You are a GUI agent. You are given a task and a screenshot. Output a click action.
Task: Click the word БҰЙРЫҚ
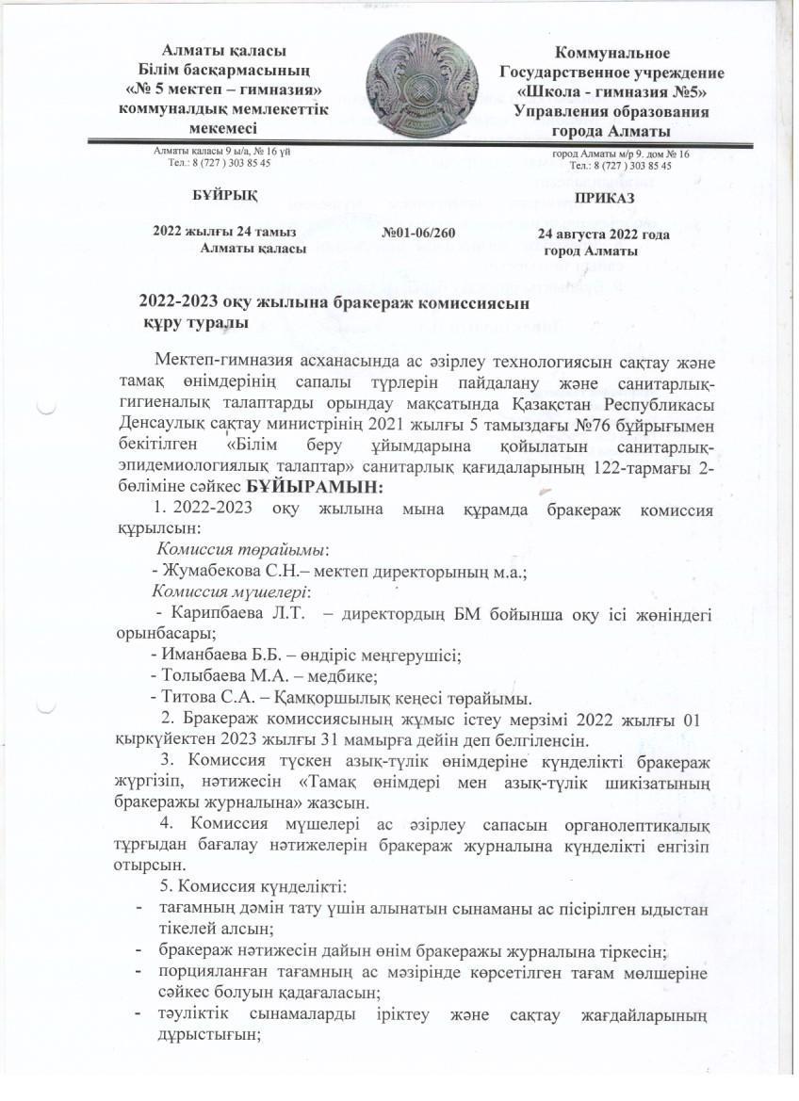pyautogui.click(x=223, y=195)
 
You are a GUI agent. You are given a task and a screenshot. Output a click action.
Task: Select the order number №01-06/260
pyautogui.click(x=420, y=233)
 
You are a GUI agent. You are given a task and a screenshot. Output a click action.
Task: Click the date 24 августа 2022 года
pyautogui.click(x=603, y=234)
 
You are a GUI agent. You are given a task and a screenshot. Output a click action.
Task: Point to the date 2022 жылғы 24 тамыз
pyautogui.click(x=224, y=233)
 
